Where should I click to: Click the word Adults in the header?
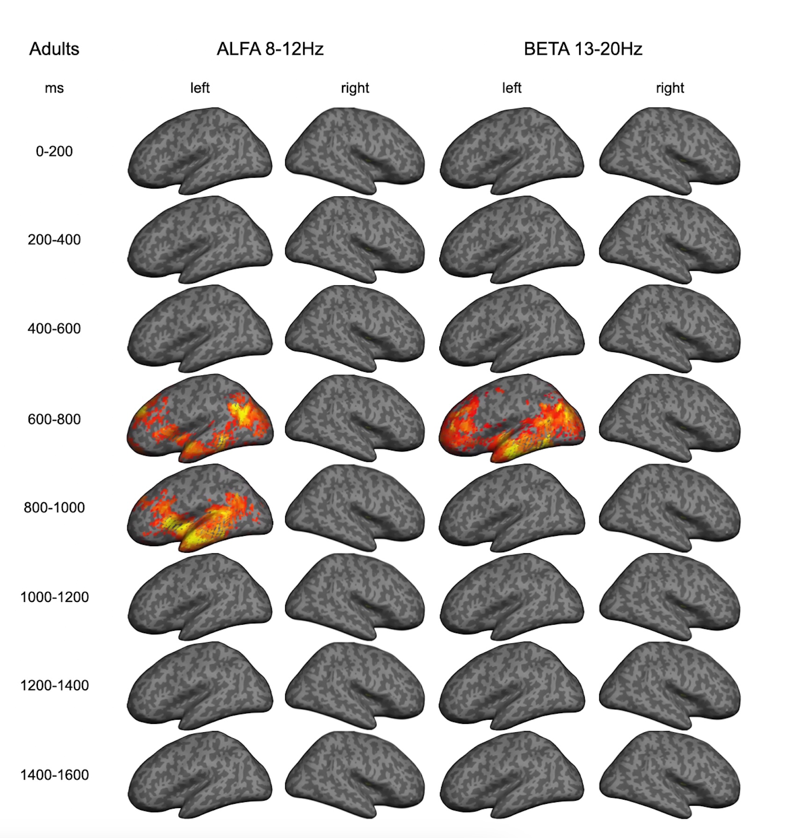point(54,49)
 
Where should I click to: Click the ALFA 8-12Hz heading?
point(270,49)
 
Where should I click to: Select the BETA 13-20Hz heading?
point(582,49)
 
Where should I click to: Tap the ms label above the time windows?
point(54,88)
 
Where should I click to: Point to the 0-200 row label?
point(54,152)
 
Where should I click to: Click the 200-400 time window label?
point(54,240)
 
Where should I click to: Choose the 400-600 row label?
point(54,329)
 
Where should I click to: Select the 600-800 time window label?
point(54,419)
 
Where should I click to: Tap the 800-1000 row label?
point(54,507)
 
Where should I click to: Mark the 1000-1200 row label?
point(54,597)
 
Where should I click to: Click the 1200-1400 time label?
point(54,686)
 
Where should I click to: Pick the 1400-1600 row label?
point(54,775)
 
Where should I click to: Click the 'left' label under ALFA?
point(200,88)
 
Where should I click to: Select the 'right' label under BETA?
point(670,88)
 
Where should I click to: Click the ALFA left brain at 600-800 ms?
point(200,419)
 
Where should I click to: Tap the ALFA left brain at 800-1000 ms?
point(200,508)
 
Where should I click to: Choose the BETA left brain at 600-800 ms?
point(512,419)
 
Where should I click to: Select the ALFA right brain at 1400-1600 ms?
point(355,774)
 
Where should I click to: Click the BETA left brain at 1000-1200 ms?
point(512,597)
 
